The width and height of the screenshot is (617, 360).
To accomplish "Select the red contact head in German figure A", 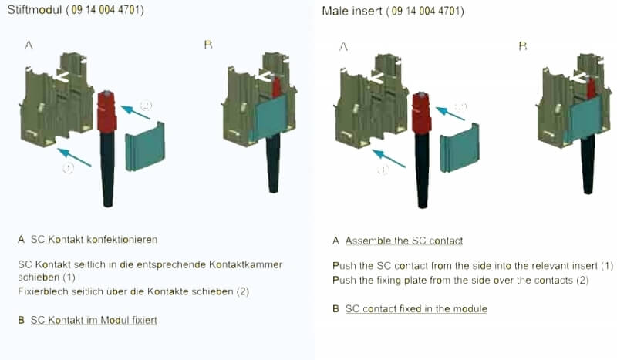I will coord(106,111).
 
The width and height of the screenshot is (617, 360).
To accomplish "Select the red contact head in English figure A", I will coord(421,111).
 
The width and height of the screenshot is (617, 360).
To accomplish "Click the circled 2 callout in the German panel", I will coord(146,105).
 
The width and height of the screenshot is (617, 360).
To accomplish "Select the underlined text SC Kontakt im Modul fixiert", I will coord(93,319).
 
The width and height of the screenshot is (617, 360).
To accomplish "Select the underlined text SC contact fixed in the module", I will coord(416,309).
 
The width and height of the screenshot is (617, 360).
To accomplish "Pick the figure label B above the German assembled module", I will coord(207,45).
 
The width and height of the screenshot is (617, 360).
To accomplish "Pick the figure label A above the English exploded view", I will coord(343,46).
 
